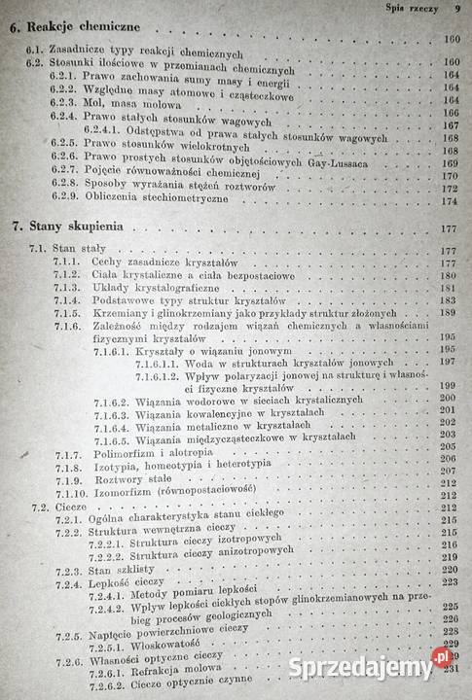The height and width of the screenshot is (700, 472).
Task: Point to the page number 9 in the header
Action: pos(456,7)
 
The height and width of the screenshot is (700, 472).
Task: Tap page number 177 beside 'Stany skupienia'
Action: pos(449,229)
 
